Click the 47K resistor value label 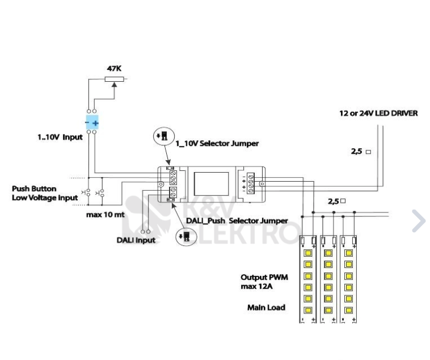(114, 69)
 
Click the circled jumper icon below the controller (186, 236)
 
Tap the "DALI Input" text (136, 240)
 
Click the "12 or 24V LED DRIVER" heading (378, 113)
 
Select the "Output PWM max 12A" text (265, 282)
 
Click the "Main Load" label (266, 307)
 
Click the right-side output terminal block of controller (250, 183)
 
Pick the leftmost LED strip (308, 278)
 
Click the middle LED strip (328, 278)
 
